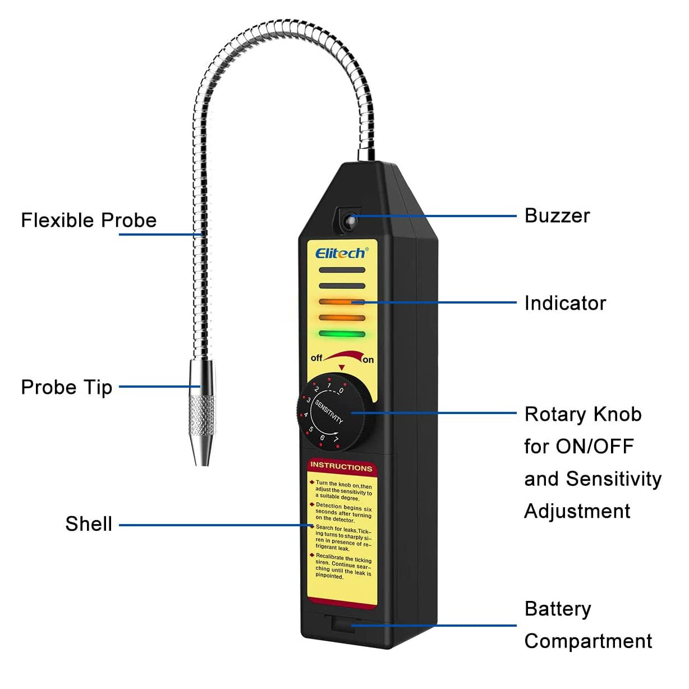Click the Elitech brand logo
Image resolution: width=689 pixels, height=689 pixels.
point(341,253)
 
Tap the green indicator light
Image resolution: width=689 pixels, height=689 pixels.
point(342,334)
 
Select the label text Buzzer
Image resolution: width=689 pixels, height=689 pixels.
point(557,216)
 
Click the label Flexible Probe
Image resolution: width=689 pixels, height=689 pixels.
point(89,221)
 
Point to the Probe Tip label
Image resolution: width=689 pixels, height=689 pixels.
point(66,387)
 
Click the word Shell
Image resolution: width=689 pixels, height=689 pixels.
point(89,524)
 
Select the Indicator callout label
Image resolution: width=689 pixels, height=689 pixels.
point(565,304)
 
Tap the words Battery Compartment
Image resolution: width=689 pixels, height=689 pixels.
point(587,625)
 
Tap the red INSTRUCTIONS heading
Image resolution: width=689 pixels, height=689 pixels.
point(341,466)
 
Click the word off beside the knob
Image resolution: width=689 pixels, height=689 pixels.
point(316,358)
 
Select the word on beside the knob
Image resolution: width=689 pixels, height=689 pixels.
point(368,360)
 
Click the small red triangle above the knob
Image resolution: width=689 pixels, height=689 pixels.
point(342,368)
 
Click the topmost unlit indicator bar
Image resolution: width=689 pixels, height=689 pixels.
point(342,270)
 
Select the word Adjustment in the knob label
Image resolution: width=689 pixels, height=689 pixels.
point(577,512)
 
